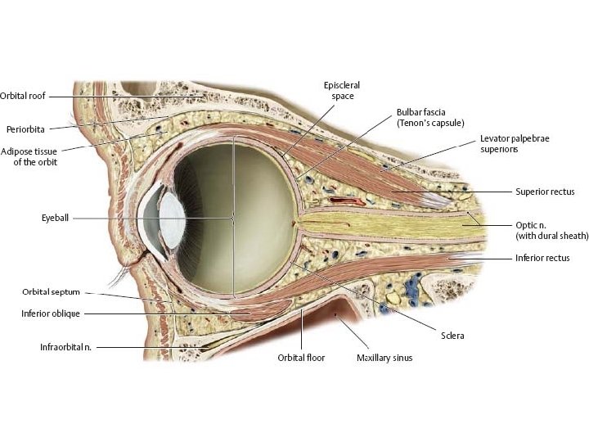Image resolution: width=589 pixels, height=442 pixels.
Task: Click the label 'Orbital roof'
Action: (x=22, y=95)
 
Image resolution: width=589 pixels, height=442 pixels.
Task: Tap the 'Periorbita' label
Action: (x=25, y=129)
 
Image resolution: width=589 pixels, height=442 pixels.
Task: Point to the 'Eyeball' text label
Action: (x=57, y=219)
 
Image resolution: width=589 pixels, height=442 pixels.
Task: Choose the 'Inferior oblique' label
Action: (x=52, y=313)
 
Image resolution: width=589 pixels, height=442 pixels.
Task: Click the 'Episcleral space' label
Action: (x=343, y=90)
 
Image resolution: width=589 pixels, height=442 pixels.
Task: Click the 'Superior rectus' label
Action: (x=545, y=192)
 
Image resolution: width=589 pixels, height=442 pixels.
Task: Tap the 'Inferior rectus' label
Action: (x=542, y=258)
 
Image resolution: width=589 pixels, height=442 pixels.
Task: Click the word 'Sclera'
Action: (x=451, y=336)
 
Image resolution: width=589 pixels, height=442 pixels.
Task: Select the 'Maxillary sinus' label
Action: (x=384, y=358)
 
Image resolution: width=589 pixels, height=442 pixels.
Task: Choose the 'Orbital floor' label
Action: (x=301, y=358)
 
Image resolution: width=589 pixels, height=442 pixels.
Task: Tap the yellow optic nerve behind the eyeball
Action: (x=384, y=221)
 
